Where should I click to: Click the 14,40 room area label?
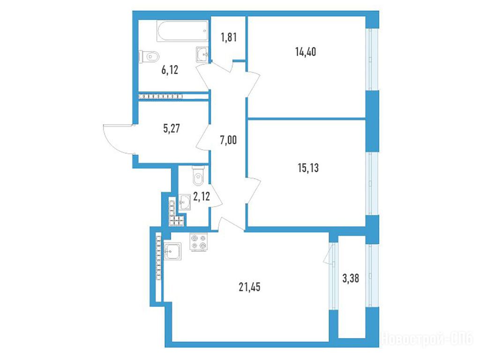tap(306, 52)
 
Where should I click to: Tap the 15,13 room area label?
tap(308, 168)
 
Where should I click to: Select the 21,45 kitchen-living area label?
tap(249, 287)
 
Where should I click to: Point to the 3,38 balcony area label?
tap(351, 278)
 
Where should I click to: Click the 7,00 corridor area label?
tap(228, 140)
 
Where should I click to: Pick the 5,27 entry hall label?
tap(172, 128)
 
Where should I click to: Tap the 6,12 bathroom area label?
tap(170, 70)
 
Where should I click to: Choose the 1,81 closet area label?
tap(229, 37)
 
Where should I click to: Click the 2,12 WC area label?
tap(202, 196)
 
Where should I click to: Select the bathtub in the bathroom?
tap(182, 30)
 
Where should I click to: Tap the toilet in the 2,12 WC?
tap(198, 176)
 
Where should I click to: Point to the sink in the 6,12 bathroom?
tap(202, 54)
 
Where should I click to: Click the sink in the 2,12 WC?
tap(185, 202)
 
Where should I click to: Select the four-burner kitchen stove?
tap(199, 242)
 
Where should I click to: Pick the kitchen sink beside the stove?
tap(172, 251)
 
